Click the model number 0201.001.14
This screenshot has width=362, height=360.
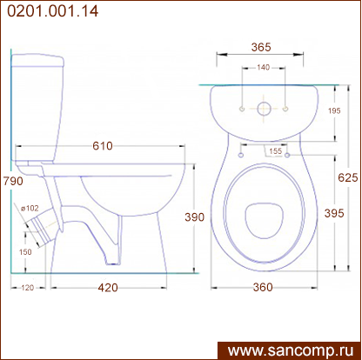[53, 11]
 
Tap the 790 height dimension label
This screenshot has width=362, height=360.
[13, 181]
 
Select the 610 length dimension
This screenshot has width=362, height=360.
[103, 146]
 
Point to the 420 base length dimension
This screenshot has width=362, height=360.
[108, 288]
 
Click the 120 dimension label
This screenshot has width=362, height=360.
[28, 288]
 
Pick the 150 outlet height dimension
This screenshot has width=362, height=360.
[25, 252]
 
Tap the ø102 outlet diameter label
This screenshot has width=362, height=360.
[30, 208]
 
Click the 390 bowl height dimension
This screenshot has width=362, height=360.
[195, 217]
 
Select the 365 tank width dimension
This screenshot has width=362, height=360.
[261, 47]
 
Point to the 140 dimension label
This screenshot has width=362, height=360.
[264, 68]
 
